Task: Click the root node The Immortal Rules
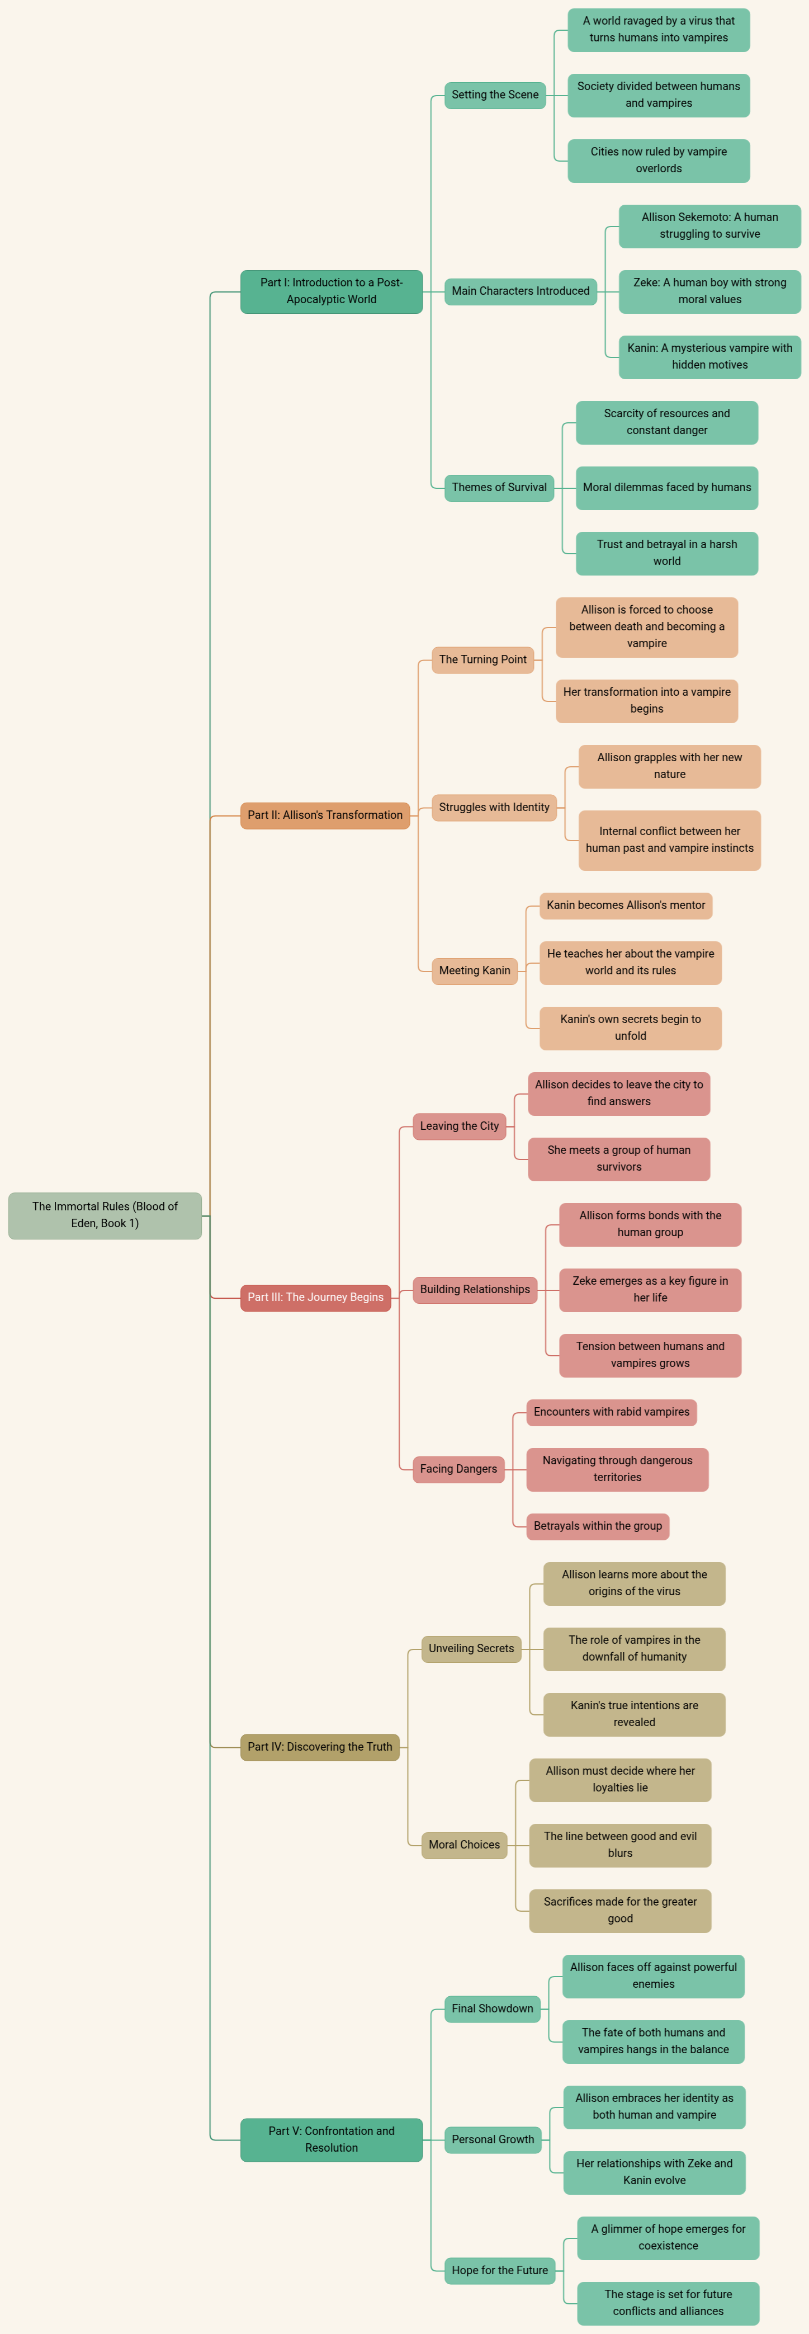click(x=105, y=1215)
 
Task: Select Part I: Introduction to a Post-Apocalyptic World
click(x=332, y=292)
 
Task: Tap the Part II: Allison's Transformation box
click(x=325, y=815)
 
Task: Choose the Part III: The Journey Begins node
click(x=315, y=1298)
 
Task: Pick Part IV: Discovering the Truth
click(x=320, y=1747)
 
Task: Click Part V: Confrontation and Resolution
click(x=332, y=2139)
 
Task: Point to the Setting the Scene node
click(x=495, y=95)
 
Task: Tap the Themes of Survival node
click(x=499, y=488)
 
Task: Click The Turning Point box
click(x=483, y=659)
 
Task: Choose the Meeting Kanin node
click(x=475, y=970)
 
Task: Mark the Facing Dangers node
click(x=458, y=1469)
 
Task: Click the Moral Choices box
click(x=464, y=1845)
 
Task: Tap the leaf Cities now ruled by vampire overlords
click(x=659, y=161)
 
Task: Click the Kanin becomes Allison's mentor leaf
click(x=626, y=905)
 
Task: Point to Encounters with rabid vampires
click(x=612, y=1412)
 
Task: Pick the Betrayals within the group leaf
click(x=598, y=1526)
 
